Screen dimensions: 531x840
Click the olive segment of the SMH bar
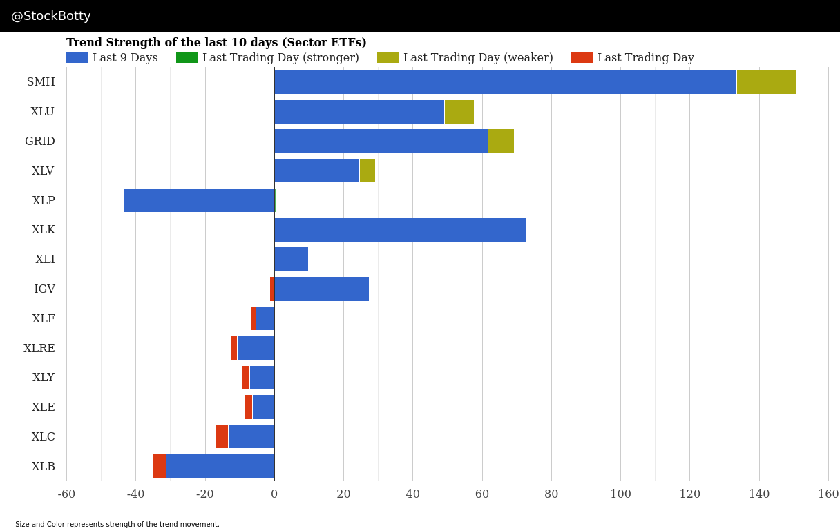(x=766, y=82)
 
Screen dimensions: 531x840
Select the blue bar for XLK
(x=400, y=230)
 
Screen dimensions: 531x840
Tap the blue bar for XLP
(x=199, y=200)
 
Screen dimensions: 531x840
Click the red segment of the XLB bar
(x=159, y=466)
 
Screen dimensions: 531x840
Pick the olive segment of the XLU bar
(x=459, y=112)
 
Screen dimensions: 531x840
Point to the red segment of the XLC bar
(x=222, y=436)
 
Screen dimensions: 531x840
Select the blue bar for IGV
(x=321, y=289)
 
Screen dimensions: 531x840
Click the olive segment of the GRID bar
(x=501, y=142)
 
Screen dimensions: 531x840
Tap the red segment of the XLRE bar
(x=233, y=348)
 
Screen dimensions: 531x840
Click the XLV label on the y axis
(x=43, y=171)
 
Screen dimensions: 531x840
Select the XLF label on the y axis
(x=44, y=319)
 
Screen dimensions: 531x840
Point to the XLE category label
(x=44, y=407)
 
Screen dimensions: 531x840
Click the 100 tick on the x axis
(x=620, y=494)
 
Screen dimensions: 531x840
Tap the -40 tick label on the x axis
(x=135, y=494)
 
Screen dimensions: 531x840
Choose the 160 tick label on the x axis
(x=828, y=494)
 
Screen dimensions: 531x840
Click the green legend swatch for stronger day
(x=187, y=58)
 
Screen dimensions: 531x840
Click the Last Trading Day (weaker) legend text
(x=478, y=58)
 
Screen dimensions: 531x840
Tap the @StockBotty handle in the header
(x=51, y=17)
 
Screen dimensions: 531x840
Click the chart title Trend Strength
(x=216, y=43)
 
